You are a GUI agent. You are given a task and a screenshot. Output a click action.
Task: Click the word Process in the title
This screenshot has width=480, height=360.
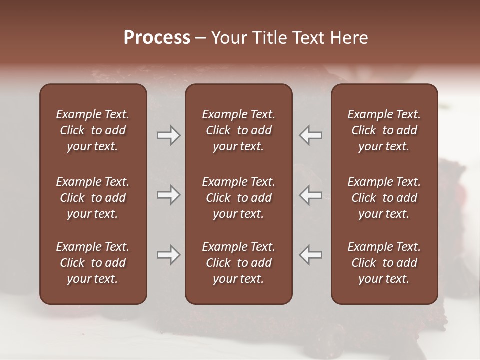[157, 38]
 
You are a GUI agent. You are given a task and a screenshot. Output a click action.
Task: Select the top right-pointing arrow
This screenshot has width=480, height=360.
[168, 135]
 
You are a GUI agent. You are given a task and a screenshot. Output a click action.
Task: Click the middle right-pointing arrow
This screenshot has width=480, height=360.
[168, 195]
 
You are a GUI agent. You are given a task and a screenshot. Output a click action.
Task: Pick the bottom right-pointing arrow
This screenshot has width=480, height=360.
[168, 254]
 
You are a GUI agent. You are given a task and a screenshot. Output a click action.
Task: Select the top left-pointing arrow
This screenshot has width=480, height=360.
[310, 135]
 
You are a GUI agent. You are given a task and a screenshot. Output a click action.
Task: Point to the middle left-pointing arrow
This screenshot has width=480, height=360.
[310, 195]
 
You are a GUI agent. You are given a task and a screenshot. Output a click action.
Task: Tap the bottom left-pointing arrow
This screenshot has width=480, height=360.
[310, 254]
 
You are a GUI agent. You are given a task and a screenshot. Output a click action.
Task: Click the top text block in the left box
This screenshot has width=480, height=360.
[93, 130]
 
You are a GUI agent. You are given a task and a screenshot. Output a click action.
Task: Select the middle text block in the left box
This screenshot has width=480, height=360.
[93, 198]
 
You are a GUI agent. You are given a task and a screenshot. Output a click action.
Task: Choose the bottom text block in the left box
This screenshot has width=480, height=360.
[93, 263]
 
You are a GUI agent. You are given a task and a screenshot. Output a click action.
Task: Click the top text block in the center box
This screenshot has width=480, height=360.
[238, 130]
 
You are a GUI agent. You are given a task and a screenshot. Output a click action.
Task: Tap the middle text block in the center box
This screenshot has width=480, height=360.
[238, 198]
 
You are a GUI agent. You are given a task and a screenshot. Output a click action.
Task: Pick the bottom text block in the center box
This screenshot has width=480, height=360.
[238, 263]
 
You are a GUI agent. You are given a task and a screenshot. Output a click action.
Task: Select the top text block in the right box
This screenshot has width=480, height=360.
[384, 130]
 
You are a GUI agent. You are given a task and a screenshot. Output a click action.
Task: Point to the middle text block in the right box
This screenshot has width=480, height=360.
[384, 198]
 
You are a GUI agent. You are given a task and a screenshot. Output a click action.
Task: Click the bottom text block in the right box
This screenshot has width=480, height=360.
[384, 263]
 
